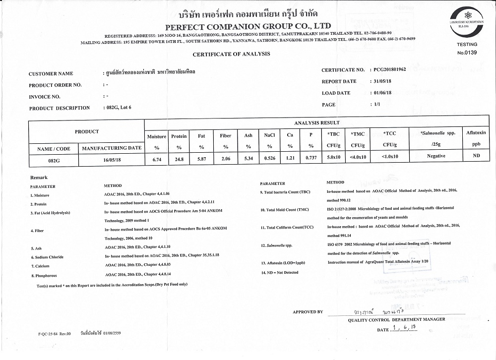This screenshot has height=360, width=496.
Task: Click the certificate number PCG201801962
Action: pyautogui.click(x=389, y=70)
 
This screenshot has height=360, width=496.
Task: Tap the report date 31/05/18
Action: pyautogui.click(x=382, y=81)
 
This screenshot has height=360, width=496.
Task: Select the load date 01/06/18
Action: pyautogui.click(x=382, y=93)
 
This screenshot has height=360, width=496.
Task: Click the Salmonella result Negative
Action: pyautogui.click(x=436, y=156)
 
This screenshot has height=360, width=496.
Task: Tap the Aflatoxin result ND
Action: pyautogui.click(x=477, y=156)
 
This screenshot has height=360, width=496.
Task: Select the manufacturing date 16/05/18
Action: pyautogui.click(x=112, y=160)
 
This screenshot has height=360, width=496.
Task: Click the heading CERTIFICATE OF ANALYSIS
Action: pyautogui.click(x=231, y=54)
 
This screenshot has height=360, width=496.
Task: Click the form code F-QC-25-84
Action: pyautogui.click(x=55, y=334)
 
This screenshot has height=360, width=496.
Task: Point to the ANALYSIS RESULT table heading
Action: pyautogui.click(x=317, y=123)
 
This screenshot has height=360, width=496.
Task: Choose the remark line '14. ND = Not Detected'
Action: pyautogui.click(x=280, y=272)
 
